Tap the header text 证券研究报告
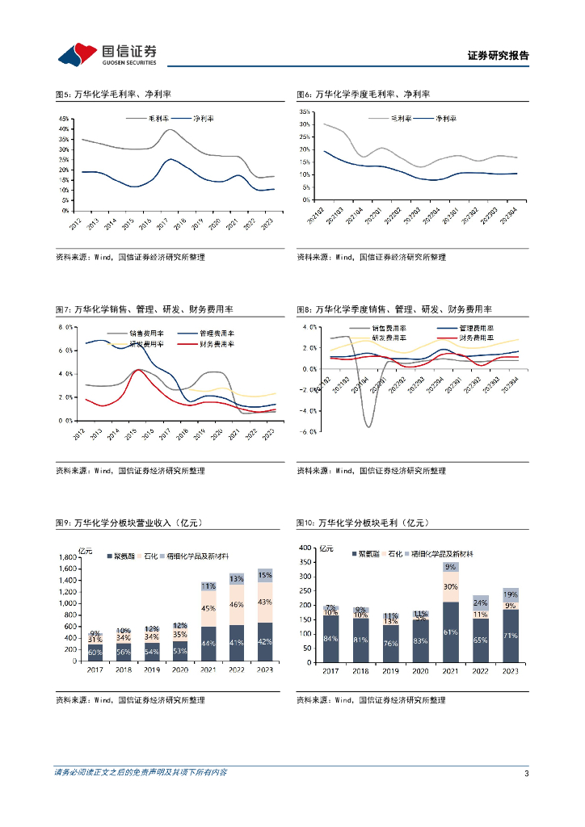point(498,56)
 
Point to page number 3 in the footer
point(526,773)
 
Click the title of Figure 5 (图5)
point(118,94)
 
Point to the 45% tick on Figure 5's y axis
point(63,118)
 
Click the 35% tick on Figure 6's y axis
point(305,111)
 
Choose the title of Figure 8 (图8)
point(394,309)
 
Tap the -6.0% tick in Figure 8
point(308,431)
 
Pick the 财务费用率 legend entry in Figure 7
point(216,344)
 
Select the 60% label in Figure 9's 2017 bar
point(95,652)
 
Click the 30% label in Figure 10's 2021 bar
point(451,587)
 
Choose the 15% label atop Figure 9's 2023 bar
point(265,575)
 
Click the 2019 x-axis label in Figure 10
point(390,670)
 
